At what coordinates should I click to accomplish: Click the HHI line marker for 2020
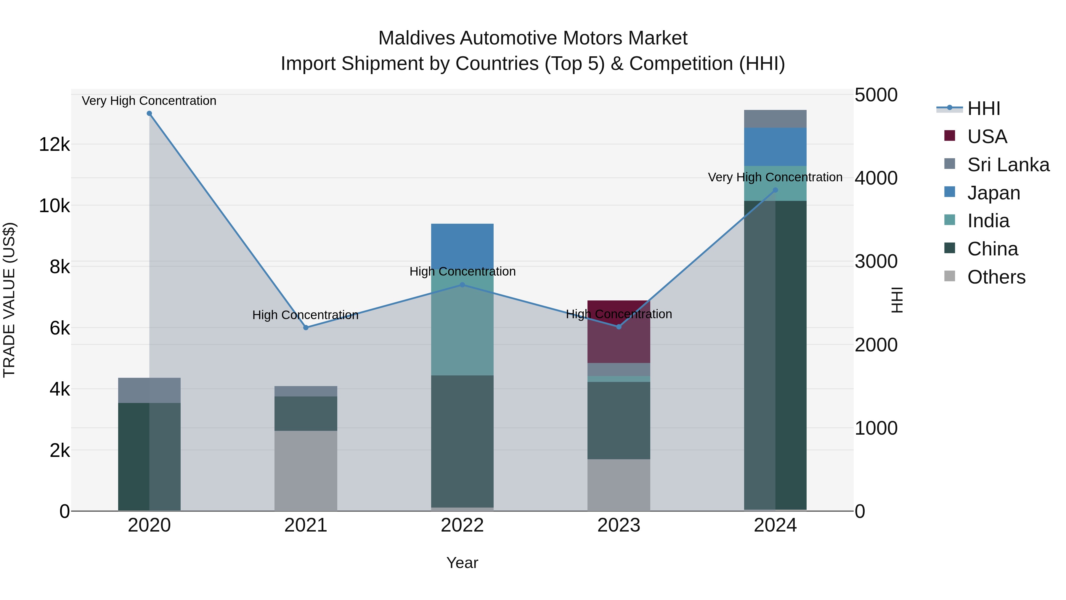pos(150,113)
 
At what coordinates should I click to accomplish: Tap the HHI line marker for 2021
pos(306,327)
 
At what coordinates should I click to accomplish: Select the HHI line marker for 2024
pos(776,190)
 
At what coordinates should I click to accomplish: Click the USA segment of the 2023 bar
pos(619,332)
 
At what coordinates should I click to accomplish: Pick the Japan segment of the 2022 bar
pos(462,247)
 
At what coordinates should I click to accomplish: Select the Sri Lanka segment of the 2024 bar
pos(775,119)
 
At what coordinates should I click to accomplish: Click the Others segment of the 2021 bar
pos(306,471)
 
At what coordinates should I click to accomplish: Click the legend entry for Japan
pos(993,193)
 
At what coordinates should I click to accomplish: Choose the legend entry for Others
pos(996,277)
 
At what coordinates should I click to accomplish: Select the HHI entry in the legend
pos(983,108)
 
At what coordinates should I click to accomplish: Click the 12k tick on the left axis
pos(54,145)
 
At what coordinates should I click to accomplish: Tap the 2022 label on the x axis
pos(462,525)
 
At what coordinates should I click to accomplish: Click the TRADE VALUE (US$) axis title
pos(9,300)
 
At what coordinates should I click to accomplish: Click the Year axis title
pos(462,563)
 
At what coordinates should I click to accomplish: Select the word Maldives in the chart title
pos(416,38)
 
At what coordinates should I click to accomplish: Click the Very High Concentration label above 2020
pos(149,101)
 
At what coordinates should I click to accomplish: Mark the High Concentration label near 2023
pos(619,314)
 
